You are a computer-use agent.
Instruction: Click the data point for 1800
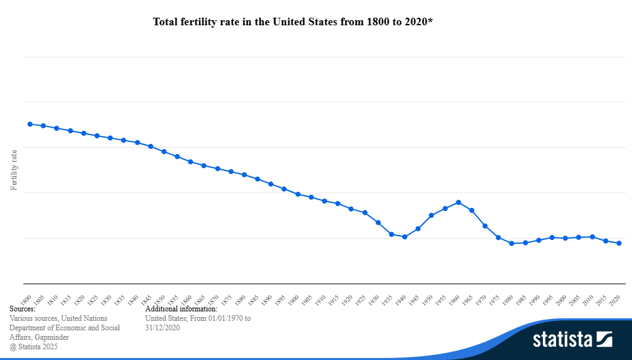click(30, 124)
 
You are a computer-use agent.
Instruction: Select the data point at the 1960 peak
click(458, 202)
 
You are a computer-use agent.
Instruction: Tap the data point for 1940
click(404, 237)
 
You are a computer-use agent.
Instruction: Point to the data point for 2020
click(619, 243)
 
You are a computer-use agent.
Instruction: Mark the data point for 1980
click(512, 243)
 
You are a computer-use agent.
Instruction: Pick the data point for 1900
click(298, 194)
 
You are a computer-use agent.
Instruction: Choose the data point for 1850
click(164, 152)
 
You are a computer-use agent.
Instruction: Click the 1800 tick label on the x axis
click(26, 300)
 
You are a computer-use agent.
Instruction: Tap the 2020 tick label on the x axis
click(615, 300)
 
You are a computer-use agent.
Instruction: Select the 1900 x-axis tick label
click(293, 300)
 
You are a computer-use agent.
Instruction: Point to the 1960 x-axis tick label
click(454, 300)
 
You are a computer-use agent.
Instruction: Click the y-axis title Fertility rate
click(14, 170)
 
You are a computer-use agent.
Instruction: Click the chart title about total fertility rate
click(293, 21)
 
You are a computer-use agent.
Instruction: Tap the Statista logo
click(573, 339)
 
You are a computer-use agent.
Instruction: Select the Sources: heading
click(22, 309)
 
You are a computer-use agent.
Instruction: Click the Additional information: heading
click(181, 309)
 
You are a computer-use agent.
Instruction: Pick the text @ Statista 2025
click(33, 347)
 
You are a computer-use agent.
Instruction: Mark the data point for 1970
click(485, 226)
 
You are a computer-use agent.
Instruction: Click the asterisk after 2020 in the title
click(430, 20)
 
